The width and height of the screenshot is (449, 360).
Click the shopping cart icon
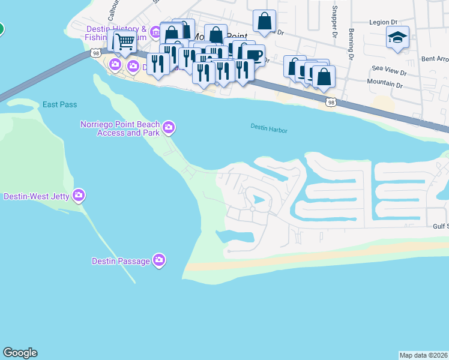125,41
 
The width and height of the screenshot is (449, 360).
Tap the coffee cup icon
254,55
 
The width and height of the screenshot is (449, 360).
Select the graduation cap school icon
397,37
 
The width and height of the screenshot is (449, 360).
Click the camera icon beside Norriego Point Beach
169,127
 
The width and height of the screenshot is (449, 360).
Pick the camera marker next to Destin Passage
159,260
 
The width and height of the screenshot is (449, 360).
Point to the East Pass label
59,104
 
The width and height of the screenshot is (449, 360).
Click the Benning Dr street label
348,40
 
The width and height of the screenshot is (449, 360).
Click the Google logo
20,353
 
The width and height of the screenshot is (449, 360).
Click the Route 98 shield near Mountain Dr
331,103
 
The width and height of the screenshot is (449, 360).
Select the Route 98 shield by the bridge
96,53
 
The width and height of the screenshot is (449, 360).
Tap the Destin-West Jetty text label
37,196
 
